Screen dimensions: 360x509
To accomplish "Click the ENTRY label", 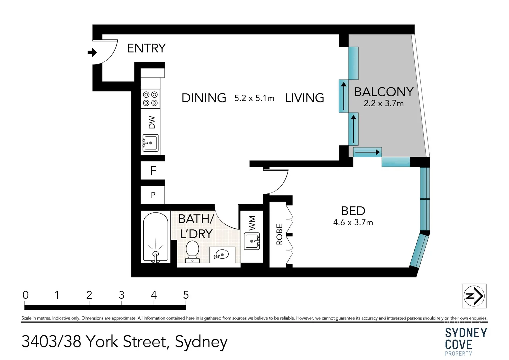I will click(146, 48).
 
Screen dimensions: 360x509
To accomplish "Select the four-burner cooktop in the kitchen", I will click(150, 99).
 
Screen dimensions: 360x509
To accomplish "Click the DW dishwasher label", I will click(152, 122).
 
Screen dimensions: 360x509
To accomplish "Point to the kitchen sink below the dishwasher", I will click(150, 143).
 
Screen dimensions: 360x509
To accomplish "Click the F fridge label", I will click(153, 171).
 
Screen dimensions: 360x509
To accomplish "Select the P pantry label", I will click(153, 195).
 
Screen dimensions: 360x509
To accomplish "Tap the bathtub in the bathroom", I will click(155, 237).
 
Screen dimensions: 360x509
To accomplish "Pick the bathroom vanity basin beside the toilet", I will click(222, 255).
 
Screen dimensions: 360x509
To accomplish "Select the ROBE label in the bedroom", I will click(279, 234).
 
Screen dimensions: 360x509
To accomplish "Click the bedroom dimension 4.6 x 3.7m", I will click(353, 222).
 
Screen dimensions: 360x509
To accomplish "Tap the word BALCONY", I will click(384, 92).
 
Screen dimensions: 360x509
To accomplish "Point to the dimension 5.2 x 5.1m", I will click(254, 98).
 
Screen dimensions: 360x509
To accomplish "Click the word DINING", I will click(204, 98).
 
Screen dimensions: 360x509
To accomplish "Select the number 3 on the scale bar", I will click(121, 295).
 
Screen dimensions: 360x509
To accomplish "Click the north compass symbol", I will click(474, 296).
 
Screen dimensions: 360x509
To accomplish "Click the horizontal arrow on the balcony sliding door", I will click(367, 152).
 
